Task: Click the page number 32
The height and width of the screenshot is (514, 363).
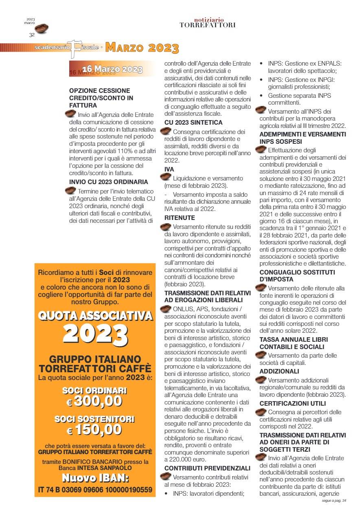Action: click(31, 35)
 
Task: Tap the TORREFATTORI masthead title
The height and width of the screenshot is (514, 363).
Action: click(208, 25)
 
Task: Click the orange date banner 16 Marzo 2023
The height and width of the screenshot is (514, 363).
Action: click(112, 69)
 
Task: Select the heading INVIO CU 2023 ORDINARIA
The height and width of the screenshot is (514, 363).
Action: click(109, 182)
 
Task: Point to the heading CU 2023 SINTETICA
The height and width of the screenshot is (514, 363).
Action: click(193, 122)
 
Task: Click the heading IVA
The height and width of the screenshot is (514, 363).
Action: click(169, 169)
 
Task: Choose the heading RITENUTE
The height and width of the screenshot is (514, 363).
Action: click(179, 218)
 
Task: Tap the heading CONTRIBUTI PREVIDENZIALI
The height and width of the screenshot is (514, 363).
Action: click(207, 468)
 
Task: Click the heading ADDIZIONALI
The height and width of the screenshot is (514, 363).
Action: click(279, 371)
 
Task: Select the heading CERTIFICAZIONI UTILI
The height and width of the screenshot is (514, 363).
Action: click(293, 404)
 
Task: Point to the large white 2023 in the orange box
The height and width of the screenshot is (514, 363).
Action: click(96, 334)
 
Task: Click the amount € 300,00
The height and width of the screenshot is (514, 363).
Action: click(95, 402)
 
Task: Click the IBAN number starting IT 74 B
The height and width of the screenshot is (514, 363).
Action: click(95, 490)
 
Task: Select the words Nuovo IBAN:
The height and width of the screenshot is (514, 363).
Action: click(95, 477)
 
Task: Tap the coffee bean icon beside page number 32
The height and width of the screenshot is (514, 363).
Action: click(42, 29)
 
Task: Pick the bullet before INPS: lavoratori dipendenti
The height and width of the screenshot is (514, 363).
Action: click(166, 494)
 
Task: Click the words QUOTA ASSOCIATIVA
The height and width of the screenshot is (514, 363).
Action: click(95, 316)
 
